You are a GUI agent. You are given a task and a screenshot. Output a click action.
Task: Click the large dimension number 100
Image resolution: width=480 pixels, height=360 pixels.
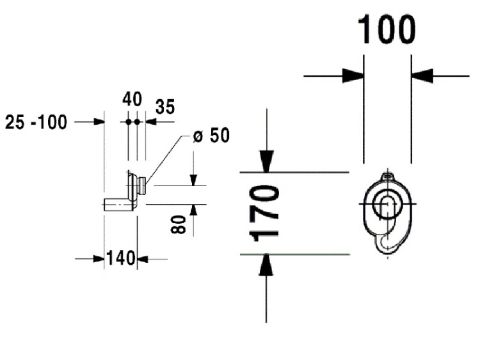tap(387, 30)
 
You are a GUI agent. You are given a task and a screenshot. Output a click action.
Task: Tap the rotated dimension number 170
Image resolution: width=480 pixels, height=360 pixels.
tap(265, 213)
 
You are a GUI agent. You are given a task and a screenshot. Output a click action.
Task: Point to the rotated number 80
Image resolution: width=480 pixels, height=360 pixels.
tap(180, 224)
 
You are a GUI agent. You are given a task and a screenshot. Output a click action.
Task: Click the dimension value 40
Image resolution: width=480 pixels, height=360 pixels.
tap(132, 100)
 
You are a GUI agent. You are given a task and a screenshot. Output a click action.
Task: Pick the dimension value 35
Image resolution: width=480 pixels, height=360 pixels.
tap(164, 107)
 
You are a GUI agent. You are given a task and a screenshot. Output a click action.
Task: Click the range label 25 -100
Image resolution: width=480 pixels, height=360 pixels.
tap(36, 122)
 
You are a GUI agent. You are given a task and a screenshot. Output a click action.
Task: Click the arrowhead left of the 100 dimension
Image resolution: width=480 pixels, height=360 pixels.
tap(353, 76)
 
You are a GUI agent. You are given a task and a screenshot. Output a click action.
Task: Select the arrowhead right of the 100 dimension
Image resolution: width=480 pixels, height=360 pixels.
tap(422, 76)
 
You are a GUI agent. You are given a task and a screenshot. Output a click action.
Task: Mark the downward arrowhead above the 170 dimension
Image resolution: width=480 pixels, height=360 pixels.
tap(266, 160)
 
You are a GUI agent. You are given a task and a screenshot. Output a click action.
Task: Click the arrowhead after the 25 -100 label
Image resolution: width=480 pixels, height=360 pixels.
tap(98, 121)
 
